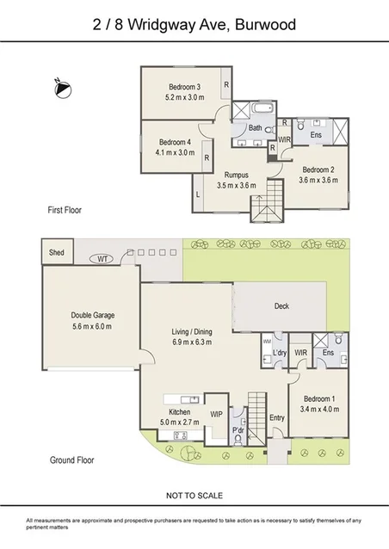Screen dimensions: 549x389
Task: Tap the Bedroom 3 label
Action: click(x=184, y=88)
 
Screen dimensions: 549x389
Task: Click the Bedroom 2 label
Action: click(x=318, y=170)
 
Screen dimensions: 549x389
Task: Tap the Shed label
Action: click(x=58, y=253)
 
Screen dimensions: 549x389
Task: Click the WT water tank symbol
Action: click(x=102, y=258)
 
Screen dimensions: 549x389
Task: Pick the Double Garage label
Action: click(x=93, y=315)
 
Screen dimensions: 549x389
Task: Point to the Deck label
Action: click(x=281, y=306)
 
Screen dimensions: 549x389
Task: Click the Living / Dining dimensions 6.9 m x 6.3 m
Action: click(x=192, y=342)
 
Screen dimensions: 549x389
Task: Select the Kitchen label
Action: click(x=179, y=412)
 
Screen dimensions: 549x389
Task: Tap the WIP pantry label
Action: click(x=218, y=414)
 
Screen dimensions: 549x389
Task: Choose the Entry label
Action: click(x=276, y=418)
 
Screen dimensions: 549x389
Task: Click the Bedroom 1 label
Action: click(x=319, y=398)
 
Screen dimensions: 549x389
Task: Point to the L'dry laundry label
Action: click(x=279, y=354)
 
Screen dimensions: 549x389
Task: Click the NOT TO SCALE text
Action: click(x=194, y=495)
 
